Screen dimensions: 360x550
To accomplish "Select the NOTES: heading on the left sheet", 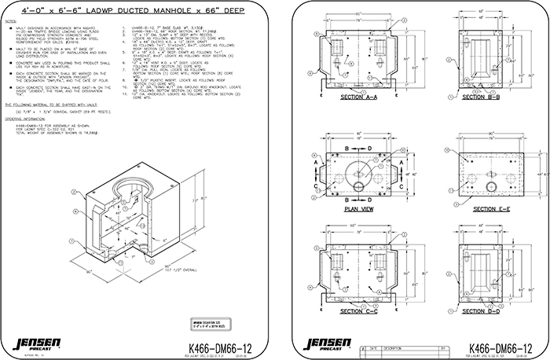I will coord(12,25).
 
